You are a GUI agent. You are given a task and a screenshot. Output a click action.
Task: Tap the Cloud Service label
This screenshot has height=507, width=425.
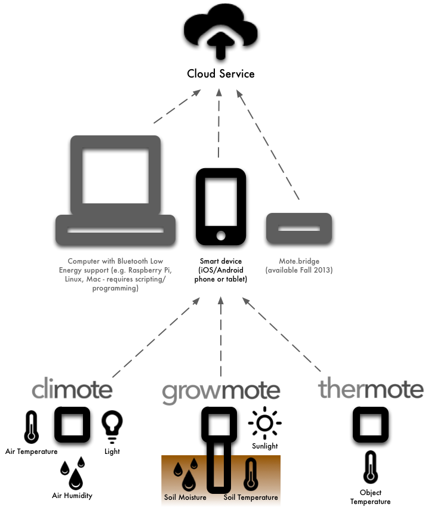[221, 74]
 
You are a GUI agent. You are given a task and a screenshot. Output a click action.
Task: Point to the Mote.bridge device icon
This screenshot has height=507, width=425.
[298, 228]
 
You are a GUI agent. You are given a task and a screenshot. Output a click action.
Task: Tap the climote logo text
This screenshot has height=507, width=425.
[72, 389]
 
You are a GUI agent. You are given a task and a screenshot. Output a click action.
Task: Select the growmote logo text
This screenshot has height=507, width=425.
[221, 391]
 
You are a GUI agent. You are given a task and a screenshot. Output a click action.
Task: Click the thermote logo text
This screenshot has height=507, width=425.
[371, 389]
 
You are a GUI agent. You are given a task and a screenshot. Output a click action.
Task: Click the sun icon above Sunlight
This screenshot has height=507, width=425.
[265, 423]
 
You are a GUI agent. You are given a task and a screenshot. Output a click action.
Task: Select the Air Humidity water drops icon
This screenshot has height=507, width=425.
[73, 473]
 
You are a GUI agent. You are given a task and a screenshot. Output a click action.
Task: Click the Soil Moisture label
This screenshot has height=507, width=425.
[185, 497]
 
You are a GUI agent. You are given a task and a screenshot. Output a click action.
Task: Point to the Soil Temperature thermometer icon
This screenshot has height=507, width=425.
[250, 475]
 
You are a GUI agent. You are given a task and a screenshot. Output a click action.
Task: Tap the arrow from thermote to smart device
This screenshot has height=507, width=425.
[281, 338]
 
